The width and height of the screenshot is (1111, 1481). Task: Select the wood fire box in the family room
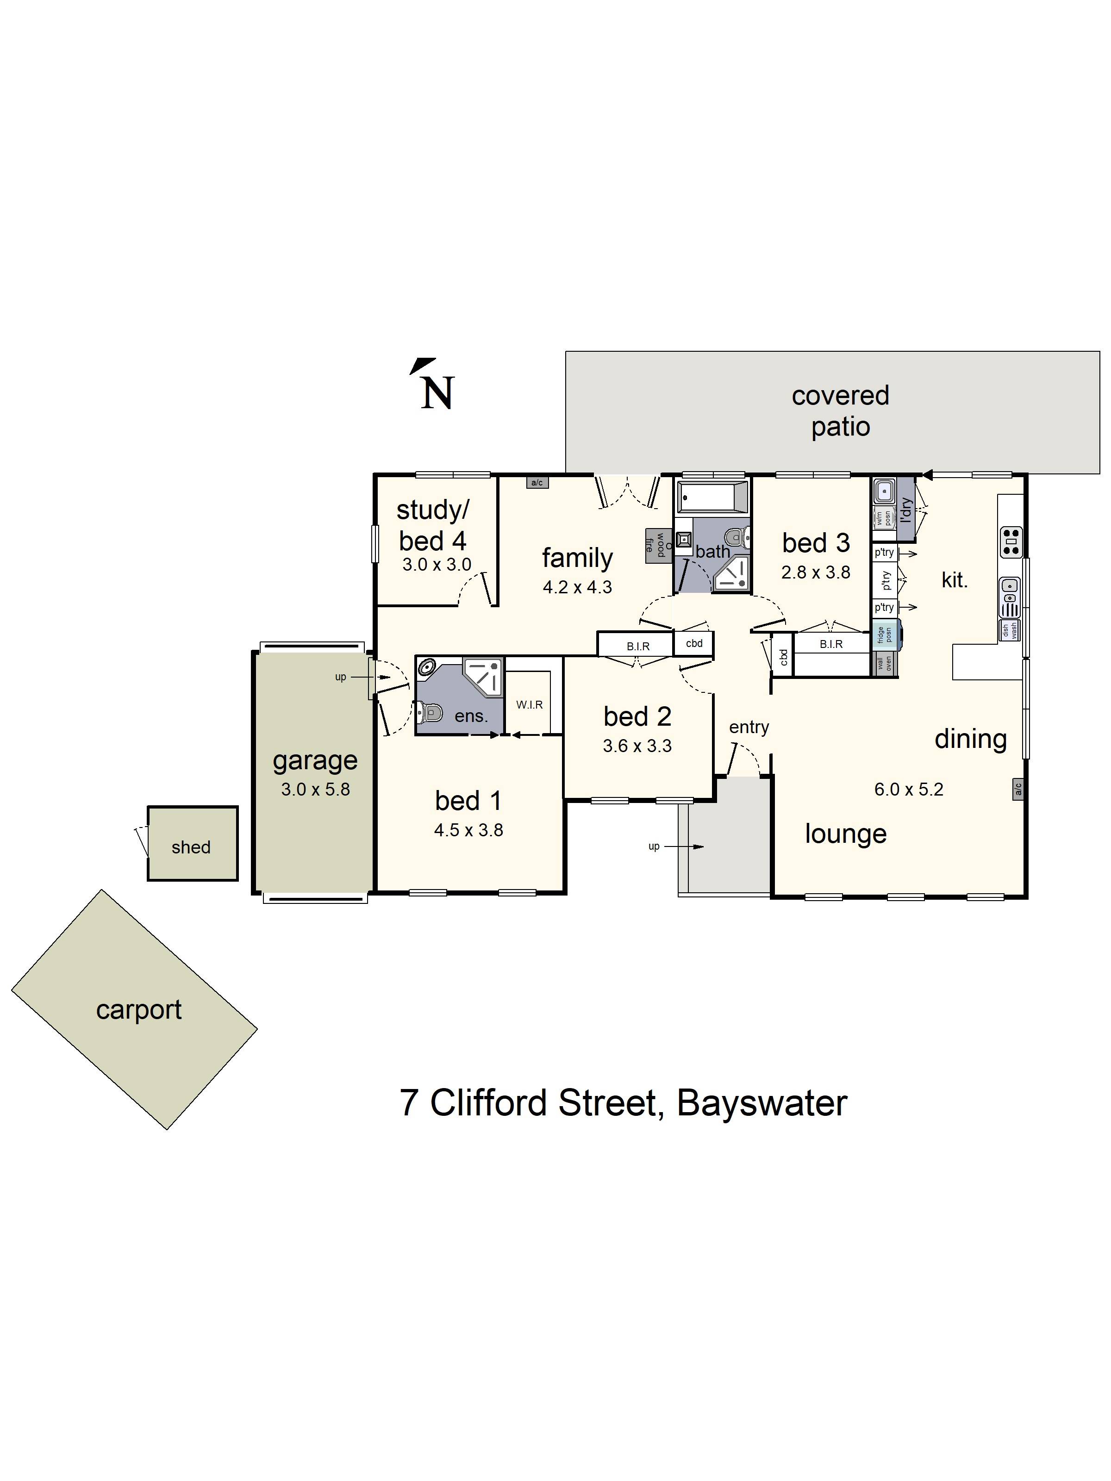(658, 544)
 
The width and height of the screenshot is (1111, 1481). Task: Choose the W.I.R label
(529, 704)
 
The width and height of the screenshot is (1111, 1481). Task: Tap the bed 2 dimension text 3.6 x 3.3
(637, 746)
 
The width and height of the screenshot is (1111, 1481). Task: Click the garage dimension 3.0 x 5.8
(315, 790)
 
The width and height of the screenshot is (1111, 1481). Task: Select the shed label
(191, 847)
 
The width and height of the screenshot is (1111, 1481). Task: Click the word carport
(138, 1009)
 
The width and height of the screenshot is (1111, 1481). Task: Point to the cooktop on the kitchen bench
(1011, 541)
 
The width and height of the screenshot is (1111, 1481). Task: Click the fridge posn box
(885, 635)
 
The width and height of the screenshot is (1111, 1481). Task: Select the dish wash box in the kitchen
(1009, 629)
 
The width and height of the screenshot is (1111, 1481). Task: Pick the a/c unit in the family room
(537, 482)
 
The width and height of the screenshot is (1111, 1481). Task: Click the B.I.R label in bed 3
(831, 644)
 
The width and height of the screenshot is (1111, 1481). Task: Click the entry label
(749, 727)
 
